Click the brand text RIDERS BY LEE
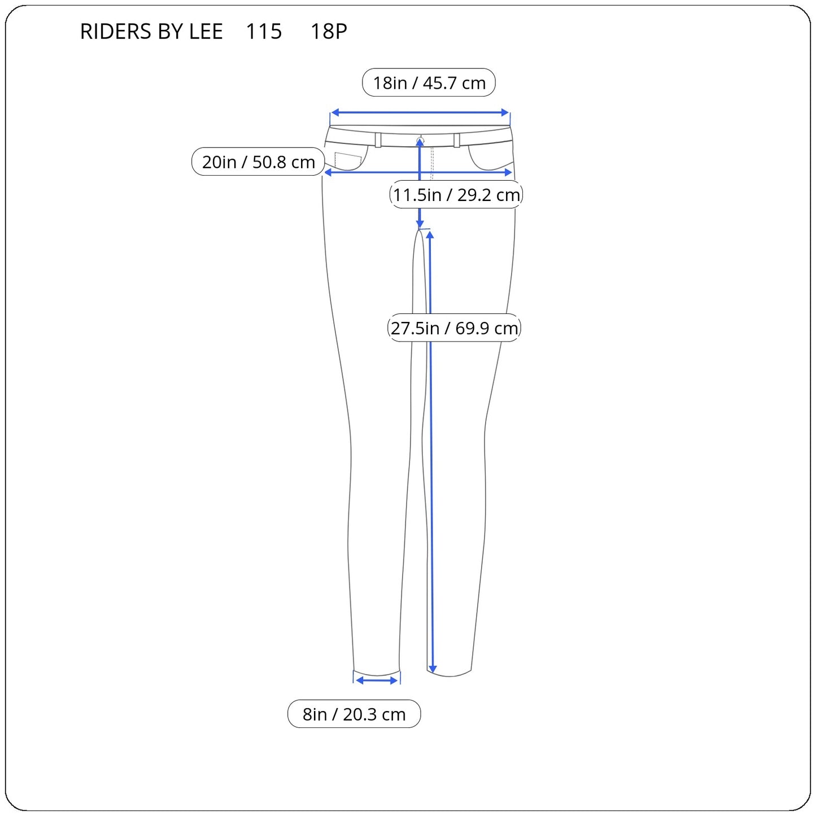click(x=151, y=31)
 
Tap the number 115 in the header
click(x=263, y=31)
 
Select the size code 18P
click(x=329, y=31)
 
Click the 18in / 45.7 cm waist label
click(x=429, y=82)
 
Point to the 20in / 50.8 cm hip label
click(x=258, y=162)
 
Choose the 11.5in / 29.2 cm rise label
click(x=456, y=195)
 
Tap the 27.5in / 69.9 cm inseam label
click(x=454, y=328)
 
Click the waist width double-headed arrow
click(x=420, y=112)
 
